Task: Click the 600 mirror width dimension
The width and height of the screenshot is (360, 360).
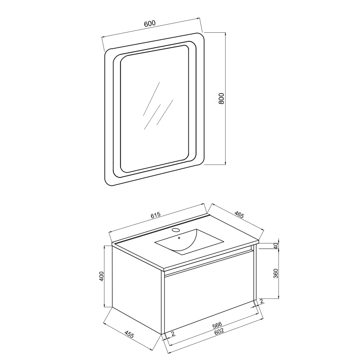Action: (x=150, y=24)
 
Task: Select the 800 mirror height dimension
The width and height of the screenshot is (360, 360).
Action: (x=221, y=99)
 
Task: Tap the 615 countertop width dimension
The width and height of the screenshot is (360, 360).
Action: (x=155, y=216)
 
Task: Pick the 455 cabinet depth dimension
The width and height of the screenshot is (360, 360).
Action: (x=129, y=335)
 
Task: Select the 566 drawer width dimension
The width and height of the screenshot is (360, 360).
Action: (x=217, y=325)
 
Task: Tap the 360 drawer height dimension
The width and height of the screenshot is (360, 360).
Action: (x=276, y=274)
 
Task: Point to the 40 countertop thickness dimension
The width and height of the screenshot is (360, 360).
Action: (x=276, y=246)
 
